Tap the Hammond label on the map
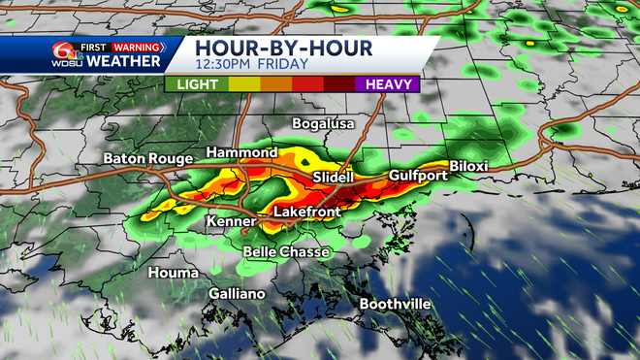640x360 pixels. pos(239,153)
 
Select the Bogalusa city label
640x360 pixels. pos(324,124)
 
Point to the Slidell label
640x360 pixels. pos(335,179)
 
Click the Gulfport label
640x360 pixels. pos(418,175)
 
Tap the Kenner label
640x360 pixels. pos(231,222)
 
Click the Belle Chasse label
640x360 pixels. pos(286,252)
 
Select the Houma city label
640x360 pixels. pos(173,273)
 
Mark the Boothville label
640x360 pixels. pos(395,304)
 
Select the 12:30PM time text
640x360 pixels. pos(226,65)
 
